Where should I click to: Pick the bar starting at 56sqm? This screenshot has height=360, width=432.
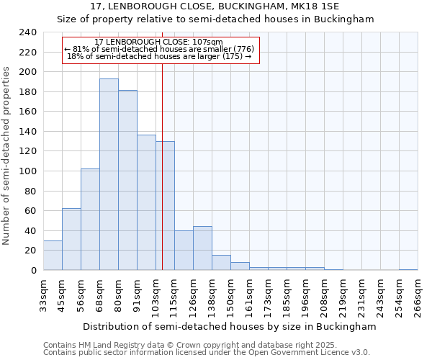pyautogui.click(x=90, y=220)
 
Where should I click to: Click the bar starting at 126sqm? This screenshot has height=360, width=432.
pyautogui.click(x=202, y=248)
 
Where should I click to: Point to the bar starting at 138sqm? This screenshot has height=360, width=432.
pyautogui.click(x=221, y=263)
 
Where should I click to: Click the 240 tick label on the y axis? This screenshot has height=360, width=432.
pyautogui.click(x=28, y=32)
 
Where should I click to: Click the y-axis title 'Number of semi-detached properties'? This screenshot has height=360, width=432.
pyautogui.click(x=7, y=156)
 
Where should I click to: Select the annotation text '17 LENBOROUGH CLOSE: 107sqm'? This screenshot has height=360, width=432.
pyautogui.click(x=159, y=42)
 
